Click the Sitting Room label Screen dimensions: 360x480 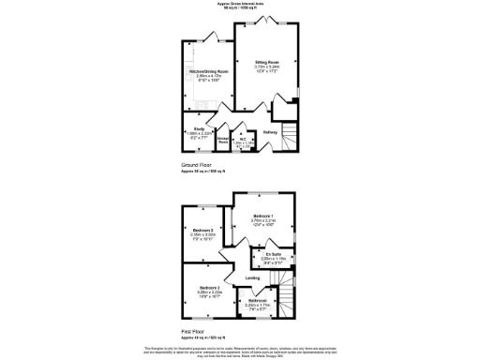click(267, 61)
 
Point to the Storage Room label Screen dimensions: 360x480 click(223, 141)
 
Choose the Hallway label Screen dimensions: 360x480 click(270, 132)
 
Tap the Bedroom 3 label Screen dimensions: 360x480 click(208, 288)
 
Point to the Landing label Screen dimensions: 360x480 click(252, 278)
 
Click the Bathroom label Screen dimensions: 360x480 click(257, 300)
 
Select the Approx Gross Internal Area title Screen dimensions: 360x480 click(239, 5)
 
